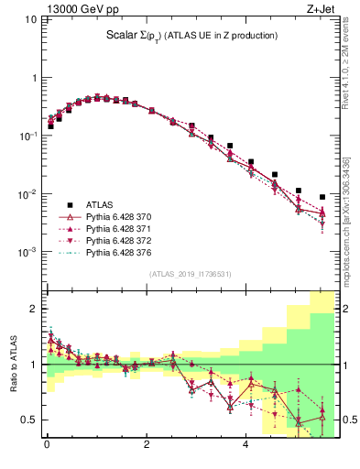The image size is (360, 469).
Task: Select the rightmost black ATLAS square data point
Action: [322, 197]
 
